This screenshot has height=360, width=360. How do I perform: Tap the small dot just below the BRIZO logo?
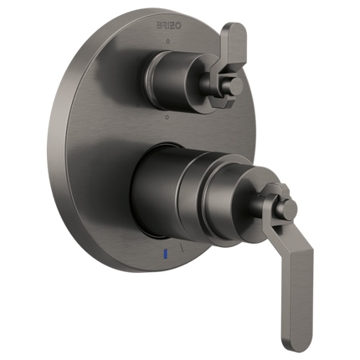click(167, 39)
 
